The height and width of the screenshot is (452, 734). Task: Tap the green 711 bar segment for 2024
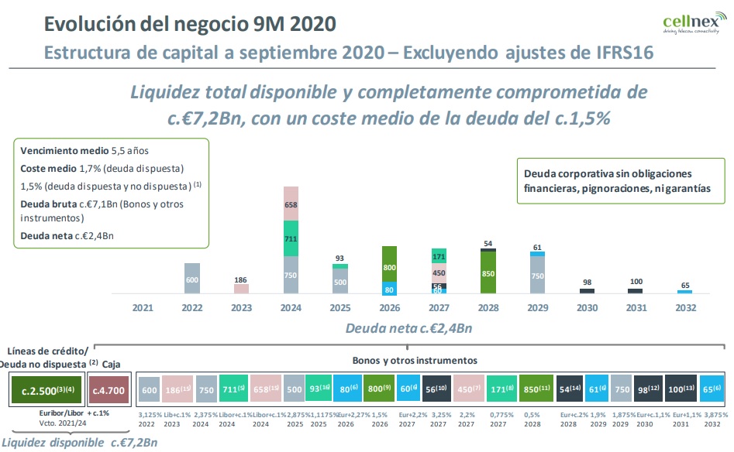tap(291, 238)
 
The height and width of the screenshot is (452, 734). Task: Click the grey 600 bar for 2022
tap(192, 279)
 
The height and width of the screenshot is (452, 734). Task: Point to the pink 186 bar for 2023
tap(242, 289)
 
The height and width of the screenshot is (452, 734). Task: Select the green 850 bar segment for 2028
tap(488, 272)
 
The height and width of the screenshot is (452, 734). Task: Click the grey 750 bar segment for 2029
tap(536, 275)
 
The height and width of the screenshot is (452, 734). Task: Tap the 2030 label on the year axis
tap(587, 308)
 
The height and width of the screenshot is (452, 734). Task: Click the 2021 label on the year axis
tap(143, 308)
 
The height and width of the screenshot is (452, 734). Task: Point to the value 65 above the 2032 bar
tap(684, 285)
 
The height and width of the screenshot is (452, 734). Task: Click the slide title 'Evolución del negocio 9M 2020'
tap(191, 24)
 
